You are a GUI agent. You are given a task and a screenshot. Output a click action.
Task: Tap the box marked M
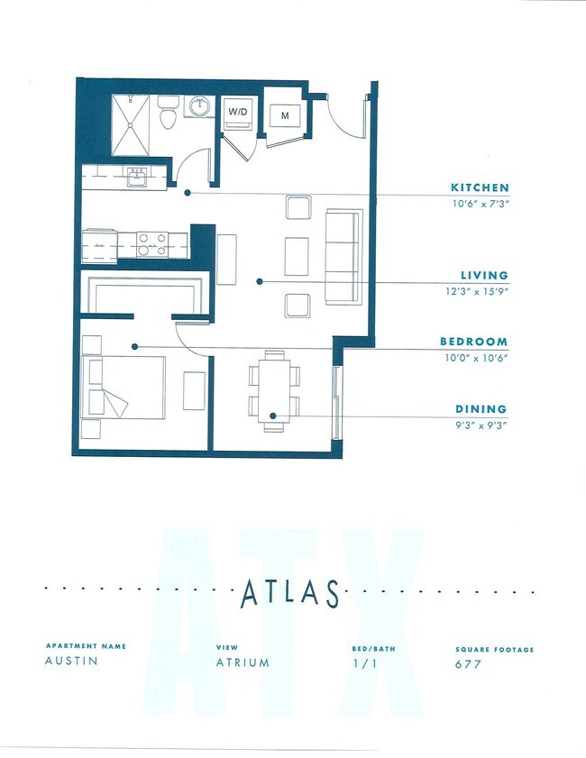[x=285, y=115]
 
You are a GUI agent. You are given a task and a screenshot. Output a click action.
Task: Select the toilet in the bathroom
[x=168, y=114]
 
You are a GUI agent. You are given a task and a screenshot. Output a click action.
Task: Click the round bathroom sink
[x=198, y=108]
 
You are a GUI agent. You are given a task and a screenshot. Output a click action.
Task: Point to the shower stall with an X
[x=134, y=124]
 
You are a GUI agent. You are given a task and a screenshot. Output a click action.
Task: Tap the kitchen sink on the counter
[x=137, y=177]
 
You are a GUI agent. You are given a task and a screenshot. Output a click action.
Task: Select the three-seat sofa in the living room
[x=343, y=256]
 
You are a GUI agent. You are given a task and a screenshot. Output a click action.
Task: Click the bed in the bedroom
[x=124, y=387]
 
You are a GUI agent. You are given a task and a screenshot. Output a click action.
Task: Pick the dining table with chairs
[x=273, y=390]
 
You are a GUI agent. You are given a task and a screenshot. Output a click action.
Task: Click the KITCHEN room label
[x=480, y=187]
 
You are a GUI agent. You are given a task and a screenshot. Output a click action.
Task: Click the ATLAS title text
[x=290, y=594]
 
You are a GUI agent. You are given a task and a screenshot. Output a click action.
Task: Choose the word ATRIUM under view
[x=243, y=662]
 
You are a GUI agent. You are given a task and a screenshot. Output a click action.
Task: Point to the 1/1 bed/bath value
[x=362, y=664]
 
